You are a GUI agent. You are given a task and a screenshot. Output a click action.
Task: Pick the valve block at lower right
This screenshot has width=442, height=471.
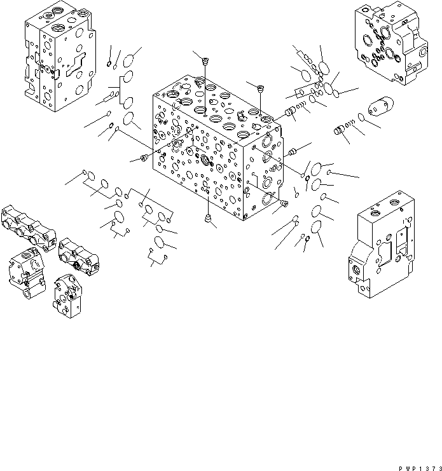coord(382,252)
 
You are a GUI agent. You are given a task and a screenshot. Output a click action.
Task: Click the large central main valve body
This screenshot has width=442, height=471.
coord(213,153)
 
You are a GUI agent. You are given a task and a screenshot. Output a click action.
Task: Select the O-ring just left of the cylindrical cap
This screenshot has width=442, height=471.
coord(362,118)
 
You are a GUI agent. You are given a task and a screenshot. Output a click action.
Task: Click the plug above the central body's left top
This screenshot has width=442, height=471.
coord(205,61)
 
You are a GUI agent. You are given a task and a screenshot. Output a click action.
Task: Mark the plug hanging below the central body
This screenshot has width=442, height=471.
coord(208,218)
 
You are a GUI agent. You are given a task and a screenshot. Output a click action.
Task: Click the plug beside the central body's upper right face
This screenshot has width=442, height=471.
coord(293,151)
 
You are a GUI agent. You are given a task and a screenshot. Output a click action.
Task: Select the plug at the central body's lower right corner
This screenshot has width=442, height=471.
coord(284,203)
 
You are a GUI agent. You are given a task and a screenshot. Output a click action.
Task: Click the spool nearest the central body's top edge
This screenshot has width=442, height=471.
coord(292,113)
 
